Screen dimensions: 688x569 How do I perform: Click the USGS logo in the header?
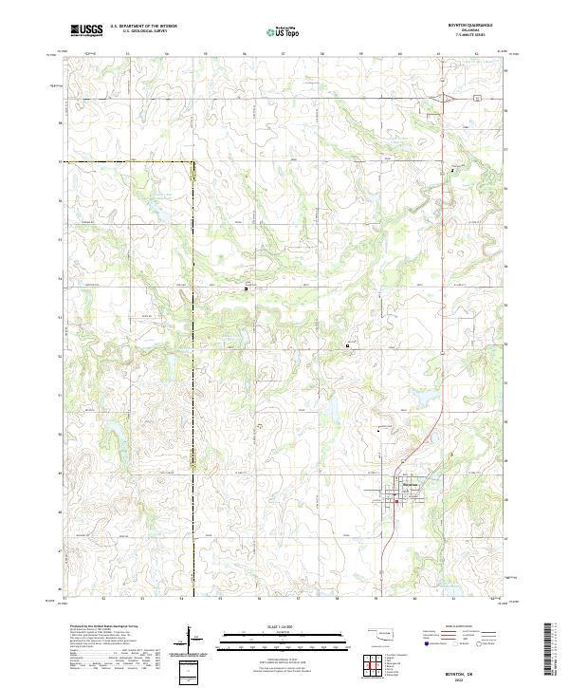(x=86, y=30)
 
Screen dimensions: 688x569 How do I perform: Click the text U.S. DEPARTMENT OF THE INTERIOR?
(x=143, y=27)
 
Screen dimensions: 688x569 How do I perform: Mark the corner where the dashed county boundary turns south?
(x=193, y=162)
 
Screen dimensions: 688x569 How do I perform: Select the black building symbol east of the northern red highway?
(x=452, y=170)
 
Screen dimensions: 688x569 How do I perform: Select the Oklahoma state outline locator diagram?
(x=379, y=634)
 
